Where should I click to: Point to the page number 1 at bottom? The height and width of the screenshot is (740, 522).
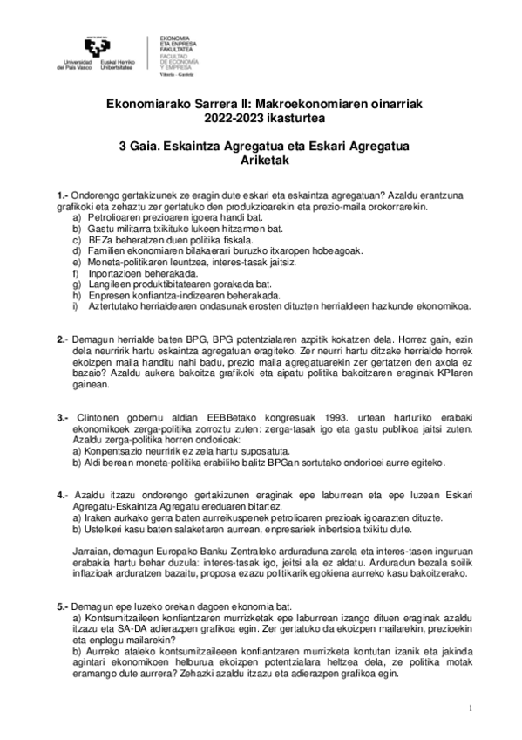click(469, 708)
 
